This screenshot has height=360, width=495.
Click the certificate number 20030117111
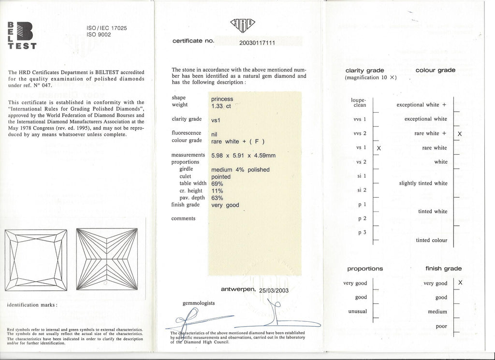click(x=257, y=43)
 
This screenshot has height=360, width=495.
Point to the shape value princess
click(x=222, y=99)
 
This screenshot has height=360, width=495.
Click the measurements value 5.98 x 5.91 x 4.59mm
click(x=243, y=156)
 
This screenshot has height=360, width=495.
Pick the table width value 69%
click(x=218, y=184)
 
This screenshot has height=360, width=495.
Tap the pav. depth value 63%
click(x=218, y=198)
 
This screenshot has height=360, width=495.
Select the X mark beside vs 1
click(x=379, y=148)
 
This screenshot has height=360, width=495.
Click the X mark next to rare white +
click(x=460, y=133)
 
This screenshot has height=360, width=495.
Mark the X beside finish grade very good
click(x=460, y=283)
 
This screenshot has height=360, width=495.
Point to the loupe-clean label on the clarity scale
click(x=358, y=102)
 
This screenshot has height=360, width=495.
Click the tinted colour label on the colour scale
click(x=431, y=240)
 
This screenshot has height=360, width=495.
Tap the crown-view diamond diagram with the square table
click(x=36, y=260)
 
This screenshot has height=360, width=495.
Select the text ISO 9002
click(x=98, y=35)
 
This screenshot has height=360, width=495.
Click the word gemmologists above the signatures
click(x=199, y=303)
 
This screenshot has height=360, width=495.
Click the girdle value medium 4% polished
click(x=240, y=170)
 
